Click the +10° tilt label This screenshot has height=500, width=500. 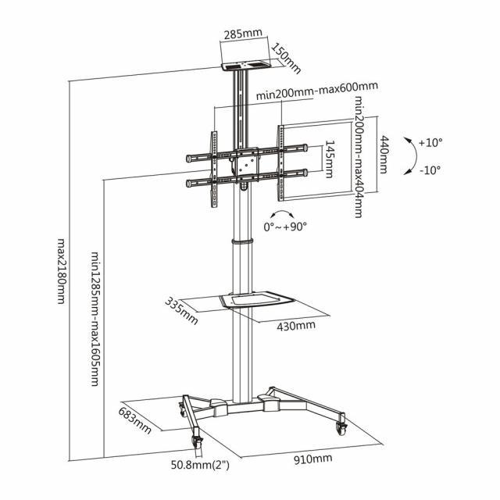[x=430, y=143]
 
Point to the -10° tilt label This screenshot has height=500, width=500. [x=430, y=170]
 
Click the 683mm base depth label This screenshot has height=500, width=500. [x=135, y=420]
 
